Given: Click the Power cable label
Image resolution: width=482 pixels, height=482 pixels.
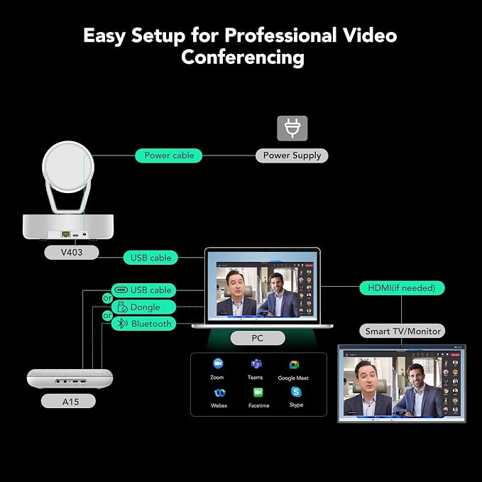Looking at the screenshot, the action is point(168,155).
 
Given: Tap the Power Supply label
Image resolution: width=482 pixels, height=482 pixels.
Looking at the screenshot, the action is point(292,155).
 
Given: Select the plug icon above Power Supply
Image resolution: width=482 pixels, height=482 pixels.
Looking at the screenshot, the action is point(292,128).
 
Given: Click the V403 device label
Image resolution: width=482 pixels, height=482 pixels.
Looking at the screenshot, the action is point(72,253).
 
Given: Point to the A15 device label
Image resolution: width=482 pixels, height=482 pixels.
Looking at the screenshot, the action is point(68,401).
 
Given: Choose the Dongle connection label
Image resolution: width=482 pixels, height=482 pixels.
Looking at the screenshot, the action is point(143,307).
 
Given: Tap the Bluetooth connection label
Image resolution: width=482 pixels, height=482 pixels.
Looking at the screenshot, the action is point(143,324).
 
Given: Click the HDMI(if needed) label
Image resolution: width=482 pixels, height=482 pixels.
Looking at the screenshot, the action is point(402,288).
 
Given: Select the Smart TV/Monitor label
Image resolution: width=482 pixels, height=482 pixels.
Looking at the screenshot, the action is point(402,331).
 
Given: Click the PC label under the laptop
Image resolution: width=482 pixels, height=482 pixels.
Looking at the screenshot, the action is point(258,338).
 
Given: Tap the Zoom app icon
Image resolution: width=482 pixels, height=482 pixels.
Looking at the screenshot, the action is point(218,363).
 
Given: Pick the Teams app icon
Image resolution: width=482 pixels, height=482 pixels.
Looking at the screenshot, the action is point(256,364).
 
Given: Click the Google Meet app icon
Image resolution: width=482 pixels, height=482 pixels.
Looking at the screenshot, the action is point(294,365).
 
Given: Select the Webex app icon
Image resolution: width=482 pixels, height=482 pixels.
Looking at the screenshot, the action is point(220,393).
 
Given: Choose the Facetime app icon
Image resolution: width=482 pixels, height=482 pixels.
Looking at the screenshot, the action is point(258,393).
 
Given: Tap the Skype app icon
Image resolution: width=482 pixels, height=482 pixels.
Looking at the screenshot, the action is point(296,392).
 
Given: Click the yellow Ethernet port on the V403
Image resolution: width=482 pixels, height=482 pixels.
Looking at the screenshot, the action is point(65,234).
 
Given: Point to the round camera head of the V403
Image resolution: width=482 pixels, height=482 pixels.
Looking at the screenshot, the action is point(68,167).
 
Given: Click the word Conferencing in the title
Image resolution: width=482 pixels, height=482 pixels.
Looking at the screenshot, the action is point(243,57).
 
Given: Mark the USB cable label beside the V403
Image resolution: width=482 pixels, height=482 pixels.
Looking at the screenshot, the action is point(150,258).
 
